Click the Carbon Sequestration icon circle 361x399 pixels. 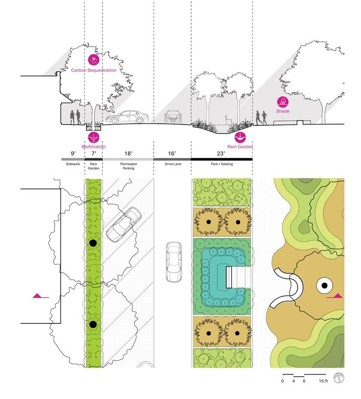click(93, 60)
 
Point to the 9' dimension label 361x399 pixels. click(73, 152)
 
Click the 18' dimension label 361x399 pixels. click(128, 152)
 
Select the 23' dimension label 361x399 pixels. click(222, 152)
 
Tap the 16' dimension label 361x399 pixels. click(172, 152)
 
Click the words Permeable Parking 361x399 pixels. click(128, 166)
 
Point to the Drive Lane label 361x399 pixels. click(172, 164)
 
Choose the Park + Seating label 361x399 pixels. click(222, 164)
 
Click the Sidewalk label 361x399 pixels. click(73, 164)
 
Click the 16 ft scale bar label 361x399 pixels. click(323, 381)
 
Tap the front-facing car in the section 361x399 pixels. click(173, 116)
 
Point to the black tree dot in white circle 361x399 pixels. click(324, 285)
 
